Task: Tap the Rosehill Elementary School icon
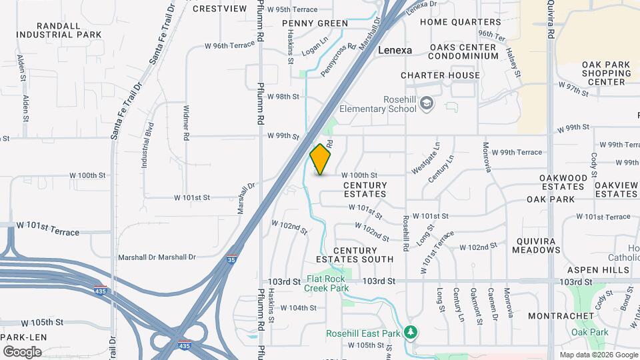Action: [427, 103]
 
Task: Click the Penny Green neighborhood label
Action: [315, 23]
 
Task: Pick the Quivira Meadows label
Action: [536, 246]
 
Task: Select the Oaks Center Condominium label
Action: [463, 52]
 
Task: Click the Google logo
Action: [22, 351]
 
